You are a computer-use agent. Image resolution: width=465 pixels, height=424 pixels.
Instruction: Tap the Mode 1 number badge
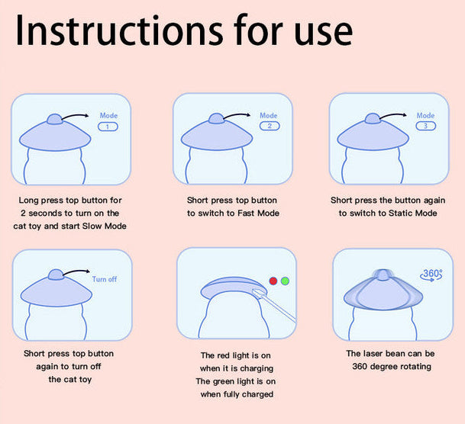(x=108, y=127)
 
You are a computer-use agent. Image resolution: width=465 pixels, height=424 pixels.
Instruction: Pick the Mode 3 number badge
(x=425, y=126)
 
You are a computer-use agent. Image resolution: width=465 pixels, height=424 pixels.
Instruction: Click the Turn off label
(x=105, y=279)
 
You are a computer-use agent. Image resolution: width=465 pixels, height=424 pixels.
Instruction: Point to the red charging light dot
(x=273, y=281)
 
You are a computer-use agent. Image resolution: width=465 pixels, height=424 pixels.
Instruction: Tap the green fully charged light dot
(x=286, y=281)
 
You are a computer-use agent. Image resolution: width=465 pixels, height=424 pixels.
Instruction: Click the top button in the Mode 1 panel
(x=55, y=118)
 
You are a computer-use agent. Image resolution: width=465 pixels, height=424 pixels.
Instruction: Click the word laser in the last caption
(x=379, y=354)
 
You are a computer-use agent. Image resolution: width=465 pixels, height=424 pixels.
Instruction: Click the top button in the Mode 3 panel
(x=372, y=118)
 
